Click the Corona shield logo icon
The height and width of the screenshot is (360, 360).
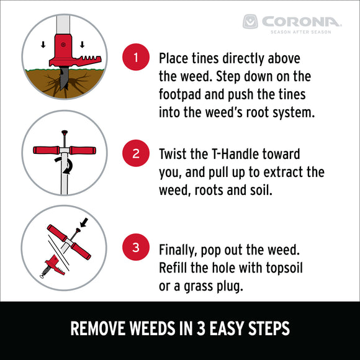(x=250, y=22)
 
